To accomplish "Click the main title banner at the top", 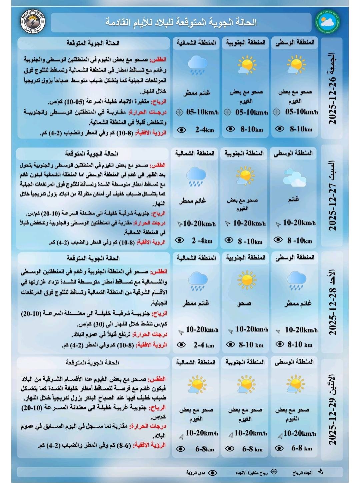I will click(x=181, y=23).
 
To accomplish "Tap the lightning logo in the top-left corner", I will click(x=33, y=23).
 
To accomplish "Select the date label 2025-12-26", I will click(x=332, y=88).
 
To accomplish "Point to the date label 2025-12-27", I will click(x=332, y=197).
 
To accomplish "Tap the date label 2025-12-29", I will click(x=332, y=410).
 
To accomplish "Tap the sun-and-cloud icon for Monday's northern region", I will click(x=197, y=385).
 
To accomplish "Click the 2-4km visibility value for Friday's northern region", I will click(x=204, y=130).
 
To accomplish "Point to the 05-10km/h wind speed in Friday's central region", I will click(x=301, y=112).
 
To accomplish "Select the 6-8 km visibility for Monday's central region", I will click(x=302, y=448).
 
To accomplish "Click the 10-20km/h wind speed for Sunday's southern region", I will click(x=252, y=329).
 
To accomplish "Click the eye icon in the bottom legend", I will click(x=212, y=473).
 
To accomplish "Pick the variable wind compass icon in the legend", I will click(x=274, y=472).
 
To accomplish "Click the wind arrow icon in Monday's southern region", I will click(x=231, y=435).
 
